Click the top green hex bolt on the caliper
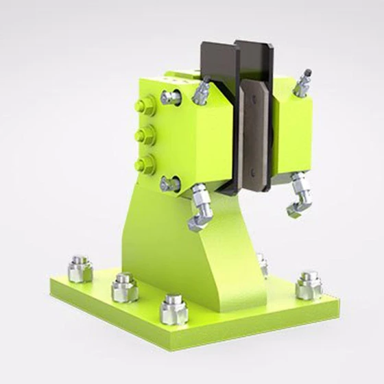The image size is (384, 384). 145,106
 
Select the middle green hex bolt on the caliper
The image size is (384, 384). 144,134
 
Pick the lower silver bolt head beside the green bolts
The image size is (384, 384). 170,184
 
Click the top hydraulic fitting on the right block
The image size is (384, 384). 302,83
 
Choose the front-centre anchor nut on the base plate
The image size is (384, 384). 174,309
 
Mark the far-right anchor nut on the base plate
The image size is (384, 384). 309,285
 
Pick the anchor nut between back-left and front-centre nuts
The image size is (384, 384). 124,287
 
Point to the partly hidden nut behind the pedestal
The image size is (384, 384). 263,263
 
